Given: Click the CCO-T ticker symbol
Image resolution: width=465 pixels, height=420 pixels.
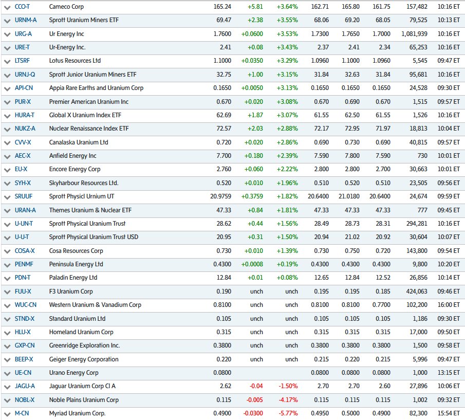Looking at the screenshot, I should [23, 7].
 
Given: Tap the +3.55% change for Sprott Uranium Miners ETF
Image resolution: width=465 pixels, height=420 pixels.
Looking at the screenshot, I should [287, 20].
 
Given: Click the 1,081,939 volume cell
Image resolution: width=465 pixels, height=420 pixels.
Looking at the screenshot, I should [417, 34].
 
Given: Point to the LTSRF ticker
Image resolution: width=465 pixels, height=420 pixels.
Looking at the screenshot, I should [23, 61].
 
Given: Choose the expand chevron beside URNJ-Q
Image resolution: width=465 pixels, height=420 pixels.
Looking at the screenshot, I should [7, 75].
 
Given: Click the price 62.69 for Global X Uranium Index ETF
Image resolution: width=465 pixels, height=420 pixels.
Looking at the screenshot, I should [221, 115].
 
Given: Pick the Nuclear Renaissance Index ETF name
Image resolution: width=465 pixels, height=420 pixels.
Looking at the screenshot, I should [89, 129].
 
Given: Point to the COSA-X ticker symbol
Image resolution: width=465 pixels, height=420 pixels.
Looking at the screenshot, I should [25, 251].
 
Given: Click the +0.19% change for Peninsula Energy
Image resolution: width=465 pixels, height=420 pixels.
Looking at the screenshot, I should [287, 264].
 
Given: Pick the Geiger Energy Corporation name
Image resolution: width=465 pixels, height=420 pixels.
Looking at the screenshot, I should [84, 359].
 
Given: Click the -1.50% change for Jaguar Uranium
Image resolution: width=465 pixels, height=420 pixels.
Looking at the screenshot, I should [288, 386].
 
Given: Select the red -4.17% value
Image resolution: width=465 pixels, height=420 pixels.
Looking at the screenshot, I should [288, 400].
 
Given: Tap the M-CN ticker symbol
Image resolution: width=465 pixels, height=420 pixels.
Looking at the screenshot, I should [22, 413].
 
